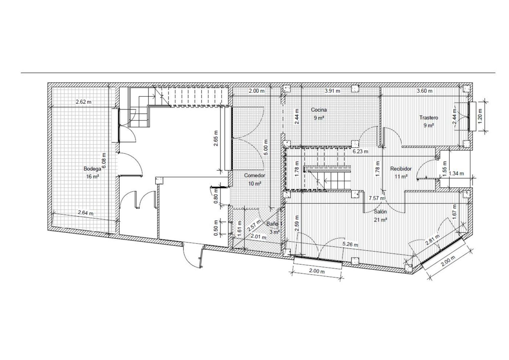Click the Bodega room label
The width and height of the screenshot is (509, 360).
click(92, 169)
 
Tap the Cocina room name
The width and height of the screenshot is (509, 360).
click(319, 110)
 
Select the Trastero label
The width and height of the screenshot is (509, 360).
click(429, 118)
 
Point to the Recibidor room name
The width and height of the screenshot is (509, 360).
click(401, 169)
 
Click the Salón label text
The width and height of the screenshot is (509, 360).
click(380, 212)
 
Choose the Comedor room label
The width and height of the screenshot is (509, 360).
click(254, 175)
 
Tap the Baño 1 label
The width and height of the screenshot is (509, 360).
click(274, 224)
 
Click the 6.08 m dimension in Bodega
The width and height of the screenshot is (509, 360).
click(104, 160)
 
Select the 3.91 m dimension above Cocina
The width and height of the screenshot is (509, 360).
click(332, 91)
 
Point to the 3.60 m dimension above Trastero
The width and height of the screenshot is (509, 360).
click(425, 91)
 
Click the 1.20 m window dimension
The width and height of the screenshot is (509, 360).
click(480, 116)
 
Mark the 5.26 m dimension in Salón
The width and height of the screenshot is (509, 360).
click(350, 245)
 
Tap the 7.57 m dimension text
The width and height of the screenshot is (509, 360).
click(377, 198)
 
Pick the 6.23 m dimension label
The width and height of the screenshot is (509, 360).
click(360, 151)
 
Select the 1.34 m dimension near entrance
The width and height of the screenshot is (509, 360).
click(456, 173)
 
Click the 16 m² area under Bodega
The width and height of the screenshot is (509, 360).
click(93, 176)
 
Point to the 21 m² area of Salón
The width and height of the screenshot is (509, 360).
click(380, 220)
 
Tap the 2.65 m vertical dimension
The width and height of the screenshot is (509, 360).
click(215, 138)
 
